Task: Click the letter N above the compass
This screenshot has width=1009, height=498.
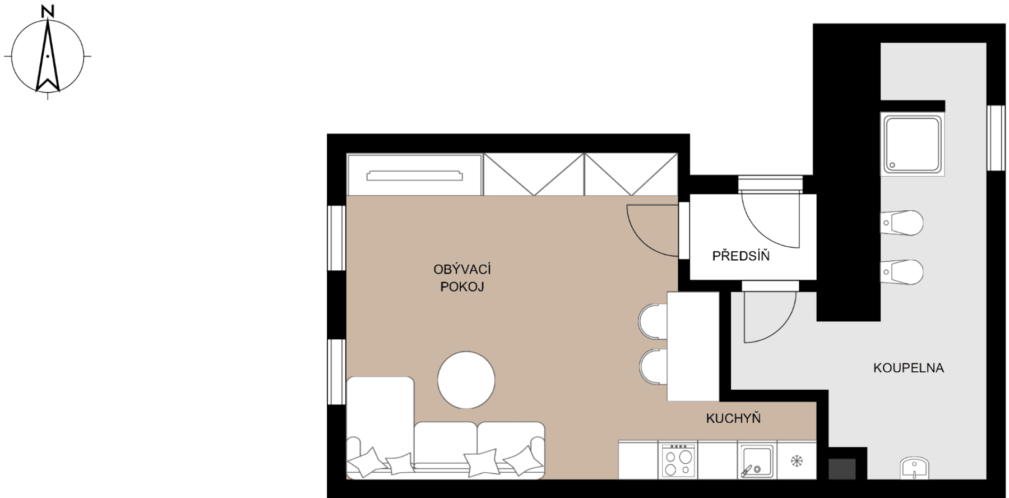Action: (48, 11)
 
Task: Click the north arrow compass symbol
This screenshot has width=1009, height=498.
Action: (48, 56)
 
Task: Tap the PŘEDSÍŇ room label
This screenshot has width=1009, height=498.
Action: (740, 256)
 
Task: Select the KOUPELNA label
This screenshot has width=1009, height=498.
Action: (908, 368)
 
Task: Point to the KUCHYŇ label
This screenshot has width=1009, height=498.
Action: (733, 418)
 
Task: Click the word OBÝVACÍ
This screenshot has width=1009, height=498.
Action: (462, 270)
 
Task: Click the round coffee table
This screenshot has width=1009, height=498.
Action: (466, 380)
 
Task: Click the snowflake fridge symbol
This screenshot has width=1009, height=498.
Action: (796, 461)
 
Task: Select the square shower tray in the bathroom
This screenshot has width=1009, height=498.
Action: (913, 144)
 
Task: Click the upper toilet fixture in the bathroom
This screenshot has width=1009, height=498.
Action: (901, 223)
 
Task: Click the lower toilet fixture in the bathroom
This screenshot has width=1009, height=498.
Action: (901, 272)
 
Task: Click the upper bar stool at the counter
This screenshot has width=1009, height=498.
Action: (653, 322)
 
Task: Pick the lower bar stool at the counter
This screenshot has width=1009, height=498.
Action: (654, 367)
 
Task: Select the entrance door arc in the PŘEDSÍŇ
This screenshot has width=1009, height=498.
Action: (769, 222)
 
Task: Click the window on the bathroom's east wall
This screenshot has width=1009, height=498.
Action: (996, 138)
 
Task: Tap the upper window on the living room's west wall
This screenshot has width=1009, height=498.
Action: (336, 238)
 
